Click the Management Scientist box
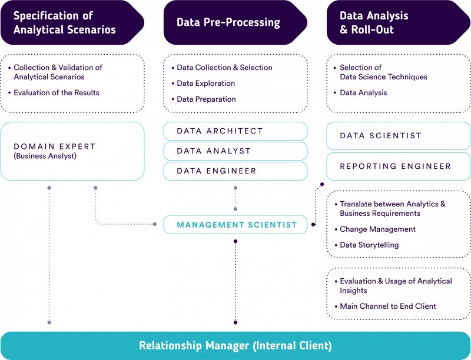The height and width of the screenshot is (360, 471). point(235,225)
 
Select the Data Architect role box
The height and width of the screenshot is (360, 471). point(235,131)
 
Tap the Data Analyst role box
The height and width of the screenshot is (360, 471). point(235,151)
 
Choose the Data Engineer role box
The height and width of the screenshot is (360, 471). point(235,171)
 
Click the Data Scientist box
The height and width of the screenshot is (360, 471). point(399,136)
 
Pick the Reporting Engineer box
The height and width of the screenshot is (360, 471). point(399,166)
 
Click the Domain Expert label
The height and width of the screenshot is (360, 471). point(55,146)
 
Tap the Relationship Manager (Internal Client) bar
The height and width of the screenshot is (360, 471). point(235,345)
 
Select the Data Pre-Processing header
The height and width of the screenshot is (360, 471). point(228,23)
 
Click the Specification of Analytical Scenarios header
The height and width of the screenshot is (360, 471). point(65,23)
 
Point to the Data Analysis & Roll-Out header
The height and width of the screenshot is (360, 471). point(374,23)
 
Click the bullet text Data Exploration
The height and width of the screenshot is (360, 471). point(206,84)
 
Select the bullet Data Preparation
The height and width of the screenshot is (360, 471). point(207,99)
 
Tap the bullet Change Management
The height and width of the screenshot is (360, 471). point(377,229)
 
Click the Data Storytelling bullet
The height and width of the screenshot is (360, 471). point(369,245)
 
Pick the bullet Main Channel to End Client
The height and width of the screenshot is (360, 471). point(388,306)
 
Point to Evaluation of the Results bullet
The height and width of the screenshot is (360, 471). point(57,93)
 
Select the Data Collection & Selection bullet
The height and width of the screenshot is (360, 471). point(224,68)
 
